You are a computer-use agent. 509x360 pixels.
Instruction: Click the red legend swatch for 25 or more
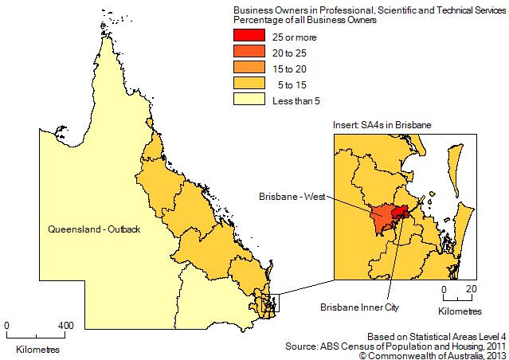[x=248, y=37]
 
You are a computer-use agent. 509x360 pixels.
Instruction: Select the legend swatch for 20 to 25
[x=248, y=53]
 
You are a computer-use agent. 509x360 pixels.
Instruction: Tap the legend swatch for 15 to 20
[x=248, y=68]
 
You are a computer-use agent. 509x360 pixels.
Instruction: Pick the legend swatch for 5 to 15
[x=248, y=84]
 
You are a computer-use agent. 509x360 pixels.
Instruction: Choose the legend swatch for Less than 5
[x=248, y=100]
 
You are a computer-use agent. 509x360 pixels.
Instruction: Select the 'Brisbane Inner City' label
[x=358, y=306]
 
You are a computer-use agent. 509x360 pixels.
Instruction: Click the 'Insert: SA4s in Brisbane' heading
[x=382, y=127]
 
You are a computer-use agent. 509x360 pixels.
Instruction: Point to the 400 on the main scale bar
[x=67, y=325]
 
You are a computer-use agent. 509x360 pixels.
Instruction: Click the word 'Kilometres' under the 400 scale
[x=37, y=348]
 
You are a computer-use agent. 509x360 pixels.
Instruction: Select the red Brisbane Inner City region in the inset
[x=403, y=212]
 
